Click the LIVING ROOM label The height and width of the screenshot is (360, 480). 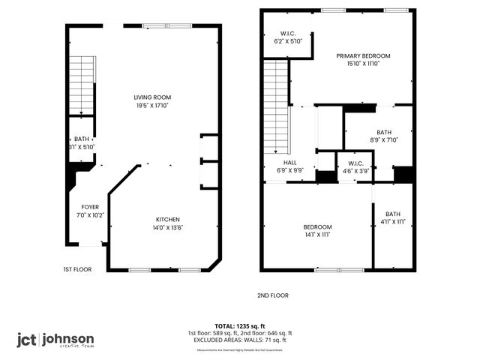point(152,97)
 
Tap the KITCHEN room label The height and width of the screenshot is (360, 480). point(168,219)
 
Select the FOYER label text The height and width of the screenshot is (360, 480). point(90,207)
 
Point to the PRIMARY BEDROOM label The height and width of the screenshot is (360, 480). point(363,56)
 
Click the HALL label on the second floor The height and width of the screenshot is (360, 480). point(289,163)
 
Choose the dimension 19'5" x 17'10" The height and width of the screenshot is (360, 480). point(152,106)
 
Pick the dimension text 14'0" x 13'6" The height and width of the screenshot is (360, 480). point(168,227)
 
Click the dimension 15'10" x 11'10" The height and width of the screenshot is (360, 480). point(363,64)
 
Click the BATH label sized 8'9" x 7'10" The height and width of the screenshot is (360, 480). point(384,131)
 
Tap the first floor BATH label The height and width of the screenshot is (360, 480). point(81,139)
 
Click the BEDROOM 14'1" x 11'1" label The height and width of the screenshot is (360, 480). point(317,226)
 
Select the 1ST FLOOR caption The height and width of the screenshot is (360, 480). point(77,268)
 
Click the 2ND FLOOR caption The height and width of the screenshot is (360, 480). point(272,295)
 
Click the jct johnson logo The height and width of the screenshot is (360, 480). point(56,340)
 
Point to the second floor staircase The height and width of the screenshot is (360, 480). point(277,105)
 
